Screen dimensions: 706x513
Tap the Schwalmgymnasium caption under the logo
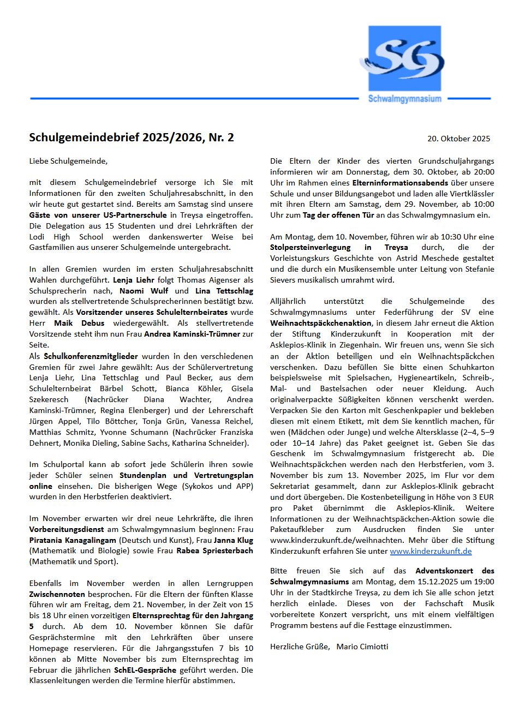point(404,99)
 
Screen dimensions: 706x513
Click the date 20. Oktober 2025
point(458,139)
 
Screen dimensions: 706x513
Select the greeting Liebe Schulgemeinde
point(68,161)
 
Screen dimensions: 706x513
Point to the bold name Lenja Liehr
point(133,280)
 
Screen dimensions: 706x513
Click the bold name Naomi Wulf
point(144,291)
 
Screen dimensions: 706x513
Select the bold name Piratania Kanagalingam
point(73,540)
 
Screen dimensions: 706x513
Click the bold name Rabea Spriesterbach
point(214,551)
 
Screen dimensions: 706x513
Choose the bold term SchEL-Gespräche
point(145,670)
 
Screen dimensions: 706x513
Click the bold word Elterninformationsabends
point(400,183)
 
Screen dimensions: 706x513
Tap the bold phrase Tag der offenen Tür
point(338,215)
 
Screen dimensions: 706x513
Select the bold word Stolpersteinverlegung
point(310,247)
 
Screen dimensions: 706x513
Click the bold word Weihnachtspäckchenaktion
point(320,323)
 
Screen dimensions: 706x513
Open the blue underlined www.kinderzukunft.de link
point(431,551)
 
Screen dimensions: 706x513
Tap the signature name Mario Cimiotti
point(362,647)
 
